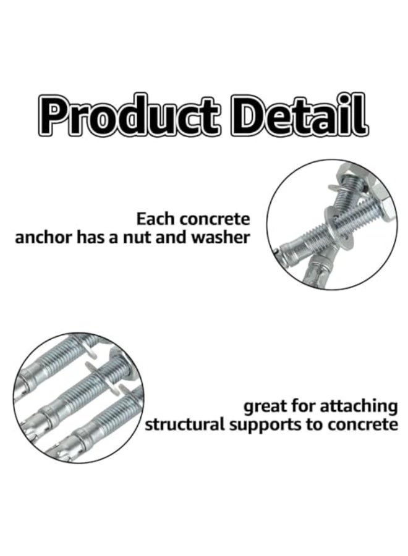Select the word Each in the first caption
coord(153,219)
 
